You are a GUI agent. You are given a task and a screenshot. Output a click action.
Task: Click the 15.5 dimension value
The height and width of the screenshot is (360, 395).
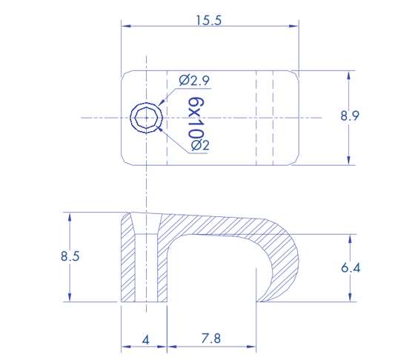[209, 21]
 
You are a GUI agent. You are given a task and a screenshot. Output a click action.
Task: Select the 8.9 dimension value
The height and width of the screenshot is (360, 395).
[350, 116]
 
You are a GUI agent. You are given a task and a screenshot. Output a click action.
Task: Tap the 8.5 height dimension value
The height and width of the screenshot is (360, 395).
[70, 256]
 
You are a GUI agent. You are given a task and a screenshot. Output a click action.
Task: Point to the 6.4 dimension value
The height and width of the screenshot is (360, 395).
[351, 267]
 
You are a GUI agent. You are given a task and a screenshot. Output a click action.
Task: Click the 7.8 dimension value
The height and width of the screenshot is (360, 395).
[211, 339]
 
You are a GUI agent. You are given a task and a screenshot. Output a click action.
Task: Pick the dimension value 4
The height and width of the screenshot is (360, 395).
[145, 340]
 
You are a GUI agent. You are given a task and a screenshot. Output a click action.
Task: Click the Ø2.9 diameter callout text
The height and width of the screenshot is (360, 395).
[194, 81]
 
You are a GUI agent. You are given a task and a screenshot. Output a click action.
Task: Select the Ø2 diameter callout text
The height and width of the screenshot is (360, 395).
[200, 145]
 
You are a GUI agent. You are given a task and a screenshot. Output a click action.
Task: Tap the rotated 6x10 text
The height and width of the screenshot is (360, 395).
[196, 118]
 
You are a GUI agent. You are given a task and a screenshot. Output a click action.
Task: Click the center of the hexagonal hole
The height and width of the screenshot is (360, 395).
[146, 118]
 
